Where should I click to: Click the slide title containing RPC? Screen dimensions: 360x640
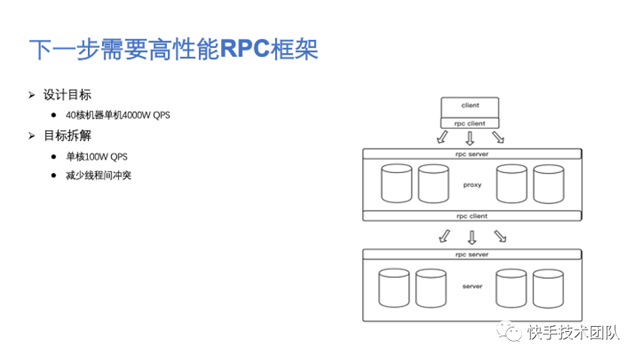174,50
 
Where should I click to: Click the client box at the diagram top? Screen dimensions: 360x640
470,106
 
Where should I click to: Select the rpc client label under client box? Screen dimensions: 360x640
470,123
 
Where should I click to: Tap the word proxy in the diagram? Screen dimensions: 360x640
472,185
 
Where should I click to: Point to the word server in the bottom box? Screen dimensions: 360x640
472,286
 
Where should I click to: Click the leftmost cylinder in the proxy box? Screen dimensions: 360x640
397,185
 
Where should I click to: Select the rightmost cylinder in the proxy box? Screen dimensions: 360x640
548,185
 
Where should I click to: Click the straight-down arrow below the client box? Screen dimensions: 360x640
470,138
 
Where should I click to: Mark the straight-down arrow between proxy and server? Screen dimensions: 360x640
472,237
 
